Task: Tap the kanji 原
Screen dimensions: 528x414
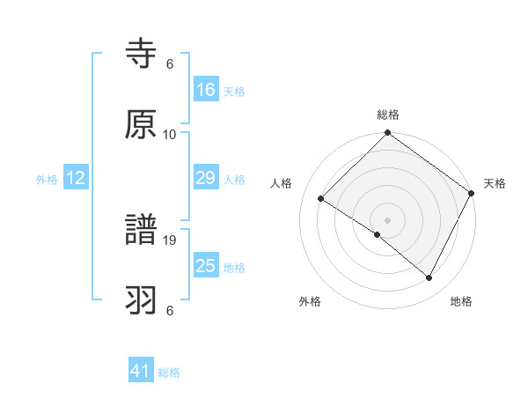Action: pyautogui.click(x=141, y=124)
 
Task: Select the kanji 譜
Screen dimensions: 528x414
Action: pyautogui.click(x=141, y=232)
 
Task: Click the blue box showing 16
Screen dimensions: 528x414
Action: pyautogui.click(x=206, y=90)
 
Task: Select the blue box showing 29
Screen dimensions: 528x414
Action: pyautogui.click(x=206, y=178)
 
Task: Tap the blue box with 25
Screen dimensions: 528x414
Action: pyautogui.click(x=206, y=266)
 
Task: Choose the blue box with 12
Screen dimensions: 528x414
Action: pyautogui.click(x=76, y=178)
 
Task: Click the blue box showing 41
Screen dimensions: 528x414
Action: pyautogui.click(x=141, y=371)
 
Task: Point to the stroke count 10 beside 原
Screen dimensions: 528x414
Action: pyautogui.click(x=170, y=135)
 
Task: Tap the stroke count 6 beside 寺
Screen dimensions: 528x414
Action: pyautogui.click(x=170, y=64)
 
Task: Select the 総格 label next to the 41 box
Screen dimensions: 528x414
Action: pyautogui.click(x=169, y=373)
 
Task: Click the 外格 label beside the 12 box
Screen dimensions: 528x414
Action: pyautogui.click(x=47, y=180)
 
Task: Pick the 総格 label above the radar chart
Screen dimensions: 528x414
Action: pyautogui.click(x=387, y=115)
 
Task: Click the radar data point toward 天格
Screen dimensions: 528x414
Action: pyautogui.click(x=472, y=193)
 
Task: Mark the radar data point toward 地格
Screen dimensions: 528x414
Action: pyautogui.click(x=429, y=278)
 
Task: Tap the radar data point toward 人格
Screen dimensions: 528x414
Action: pyautogui.click(x=321, y=198)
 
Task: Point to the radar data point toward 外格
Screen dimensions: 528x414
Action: pyautogui.click(x=377, y=234)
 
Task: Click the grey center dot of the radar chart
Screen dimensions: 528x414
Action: pyautogui.click(x=387, y=219)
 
